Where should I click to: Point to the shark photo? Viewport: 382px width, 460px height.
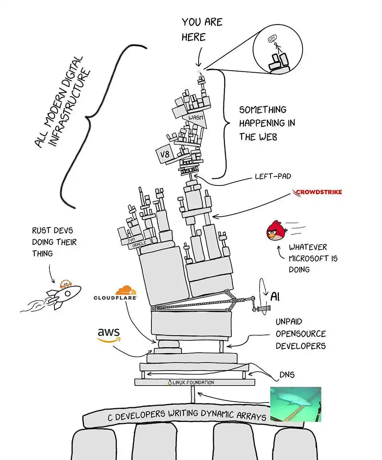coord(295,404)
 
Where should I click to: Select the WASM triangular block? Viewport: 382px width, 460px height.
coord(196,118)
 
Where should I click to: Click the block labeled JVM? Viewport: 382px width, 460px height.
coord(130,241)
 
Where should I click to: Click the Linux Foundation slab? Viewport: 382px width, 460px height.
coord(195,382)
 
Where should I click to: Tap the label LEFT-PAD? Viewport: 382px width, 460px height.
coord(273,176)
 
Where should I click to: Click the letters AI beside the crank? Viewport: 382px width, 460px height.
coord(275,297)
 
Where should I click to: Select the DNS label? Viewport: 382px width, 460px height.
coord(287,375)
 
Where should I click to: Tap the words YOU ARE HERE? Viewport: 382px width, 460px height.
coord(202,29)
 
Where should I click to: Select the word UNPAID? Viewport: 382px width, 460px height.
coord(289,322)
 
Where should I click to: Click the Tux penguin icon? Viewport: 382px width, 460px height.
coord(170,382)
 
